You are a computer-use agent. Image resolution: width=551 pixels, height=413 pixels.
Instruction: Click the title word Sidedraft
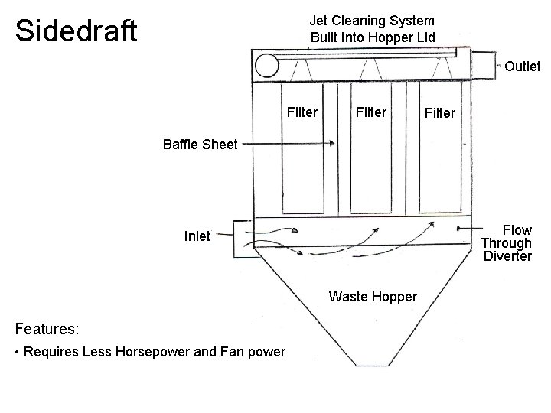tap(76, 31)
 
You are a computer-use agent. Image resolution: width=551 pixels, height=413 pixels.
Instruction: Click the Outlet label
tap(523, 67)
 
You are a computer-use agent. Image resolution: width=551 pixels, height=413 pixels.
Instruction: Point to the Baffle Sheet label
tap(200, 143)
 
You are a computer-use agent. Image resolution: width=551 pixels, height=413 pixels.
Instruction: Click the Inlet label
tap(197, 236)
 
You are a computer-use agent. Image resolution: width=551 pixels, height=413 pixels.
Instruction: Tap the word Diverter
tap(507, 256)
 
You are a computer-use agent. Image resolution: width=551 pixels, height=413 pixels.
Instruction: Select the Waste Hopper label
tap(373, 296)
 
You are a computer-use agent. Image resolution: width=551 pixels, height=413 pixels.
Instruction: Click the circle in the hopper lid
tap(266, 67)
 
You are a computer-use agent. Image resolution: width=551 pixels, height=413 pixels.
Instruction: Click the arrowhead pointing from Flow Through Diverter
tap(458, 228)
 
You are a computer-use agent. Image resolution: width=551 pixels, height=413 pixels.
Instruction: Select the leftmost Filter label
tap(302, 112)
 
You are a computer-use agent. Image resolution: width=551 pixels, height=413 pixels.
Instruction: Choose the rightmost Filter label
tap(440, 113)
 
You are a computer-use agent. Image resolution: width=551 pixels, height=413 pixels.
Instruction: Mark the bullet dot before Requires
tap(18, 353)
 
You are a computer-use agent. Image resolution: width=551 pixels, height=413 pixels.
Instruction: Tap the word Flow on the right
tap(517, 230)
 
